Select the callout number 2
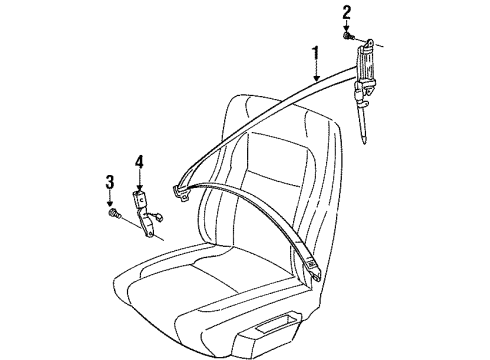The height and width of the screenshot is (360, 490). click(347, 12)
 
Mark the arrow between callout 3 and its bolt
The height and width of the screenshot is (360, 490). click(110, 197)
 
